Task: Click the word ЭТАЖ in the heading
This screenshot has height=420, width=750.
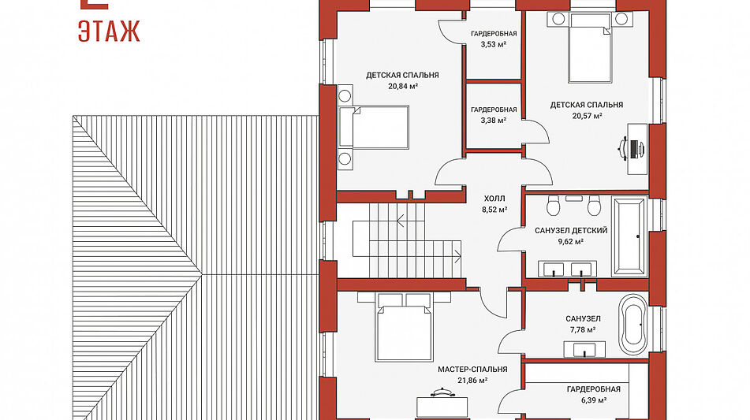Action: pyautogui.click(x=109, y=31)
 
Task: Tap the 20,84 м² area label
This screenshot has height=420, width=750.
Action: pyautogui.click(x=403, y=87)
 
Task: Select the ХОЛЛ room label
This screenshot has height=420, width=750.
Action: pyautogui.click(x=494, y=199)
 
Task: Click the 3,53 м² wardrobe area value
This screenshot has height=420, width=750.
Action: pyautogui.click(x=494, y=44)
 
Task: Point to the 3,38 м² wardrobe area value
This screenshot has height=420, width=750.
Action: pyautogui.click(x=494, y=121)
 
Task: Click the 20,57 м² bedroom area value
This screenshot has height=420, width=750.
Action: pyautogui.click(x=587, y=116)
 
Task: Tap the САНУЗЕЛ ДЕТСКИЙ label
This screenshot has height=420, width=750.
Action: pyautogui.click(x=571, y=230)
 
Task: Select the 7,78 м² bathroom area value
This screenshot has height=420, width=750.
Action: pyautogui.click(x=583, y=329)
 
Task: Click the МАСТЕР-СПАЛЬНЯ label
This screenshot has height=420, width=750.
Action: pyautogui.click(x=472, y=370)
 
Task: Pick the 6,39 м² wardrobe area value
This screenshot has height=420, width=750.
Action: pyautogui.click(x=594, y=400)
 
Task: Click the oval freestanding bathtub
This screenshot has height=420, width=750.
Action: pyautogui.click(x=633, y=325)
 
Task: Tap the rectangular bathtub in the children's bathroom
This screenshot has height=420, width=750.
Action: pyautogui.click(x=629, y=236)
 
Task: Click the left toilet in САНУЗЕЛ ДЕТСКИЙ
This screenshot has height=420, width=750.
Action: pyautogui.click(x=554, y=206)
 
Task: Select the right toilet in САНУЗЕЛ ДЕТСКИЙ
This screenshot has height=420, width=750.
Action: pyautogui.click(x=594, y=206)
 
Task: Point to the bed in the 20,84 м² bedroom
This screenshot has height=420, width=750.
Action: pyautogui.click(x=374, y=127)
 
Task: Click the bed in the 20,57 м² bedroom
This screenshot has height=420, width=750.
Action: pyautogui.click(x=590, y=48)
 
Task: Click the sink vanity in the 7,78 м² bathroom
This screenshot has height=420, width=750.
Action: pyautogui.click(x=584, y=349)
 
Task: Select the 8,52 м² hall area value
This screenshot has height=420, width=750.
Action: pyautogui.click(x=494, y=210)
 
